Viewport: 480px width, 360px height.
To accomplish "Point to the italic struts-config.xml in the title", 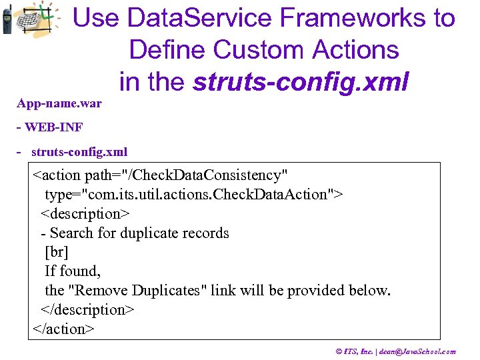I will coord(300,81).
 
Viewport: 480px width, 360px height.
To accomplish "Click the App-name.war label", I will coord(59,104).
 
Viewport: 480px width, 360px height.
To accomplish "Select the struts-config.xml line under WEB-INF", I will coord(79,152).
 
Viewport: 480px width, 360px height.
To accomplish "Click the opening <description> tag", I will coord(85,214).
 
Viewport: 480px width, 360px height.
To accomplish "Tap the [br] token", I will coord(57,253).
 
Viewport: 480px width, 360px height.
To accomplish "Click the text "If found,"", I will coord(72,271).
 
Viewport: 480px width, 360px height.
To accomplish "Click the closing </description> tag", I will coord(87,310).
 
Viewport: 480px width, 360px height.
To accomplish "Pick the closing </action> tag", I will coord(63,329).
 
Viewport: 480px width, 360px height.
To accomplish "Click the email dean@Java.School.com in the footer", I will coord(418,351).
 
